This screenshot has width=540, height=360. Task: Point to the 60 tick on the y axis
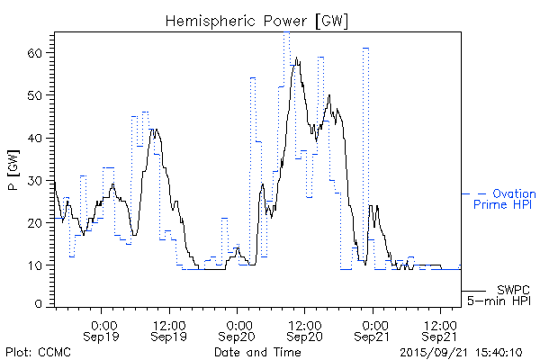pyautogui.click(x=35, y=53)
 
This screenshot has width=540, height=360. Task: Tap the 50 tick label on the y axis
pyautogui.click(x=35, y=95)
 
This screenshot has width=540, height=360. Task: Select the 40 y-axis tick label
pyautogui.click(x=35, y=138)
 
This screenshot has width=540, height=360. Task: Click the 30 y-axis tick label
pyautogui.click(x=35, y=180)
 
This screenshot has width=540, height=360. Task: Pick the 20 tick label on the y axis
pyautogui.click(x=35, y=222)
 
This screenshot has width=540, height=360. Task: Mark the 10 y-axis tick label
pyautogui.click(x=35, y=265)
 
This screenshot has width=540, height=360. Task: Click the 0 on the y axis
pyautogui.click(x=39, y=305)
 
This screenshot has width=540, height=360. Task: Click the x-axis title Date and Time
pyautogui.click(x=257, y=351)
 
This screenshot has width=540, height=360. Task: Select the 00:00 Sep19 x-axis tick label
pyautogui.click(x=103, y=330)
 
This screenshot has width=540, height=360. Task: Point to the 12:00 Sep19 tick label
pyautogui.click(x=170, y=330)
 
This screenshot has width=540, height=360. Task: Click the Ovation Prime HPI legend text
pyautogui.click(x=503, y=199)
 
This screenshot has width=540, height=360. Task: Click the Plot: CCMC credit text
pyautogui.click(x=37, y=351)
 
